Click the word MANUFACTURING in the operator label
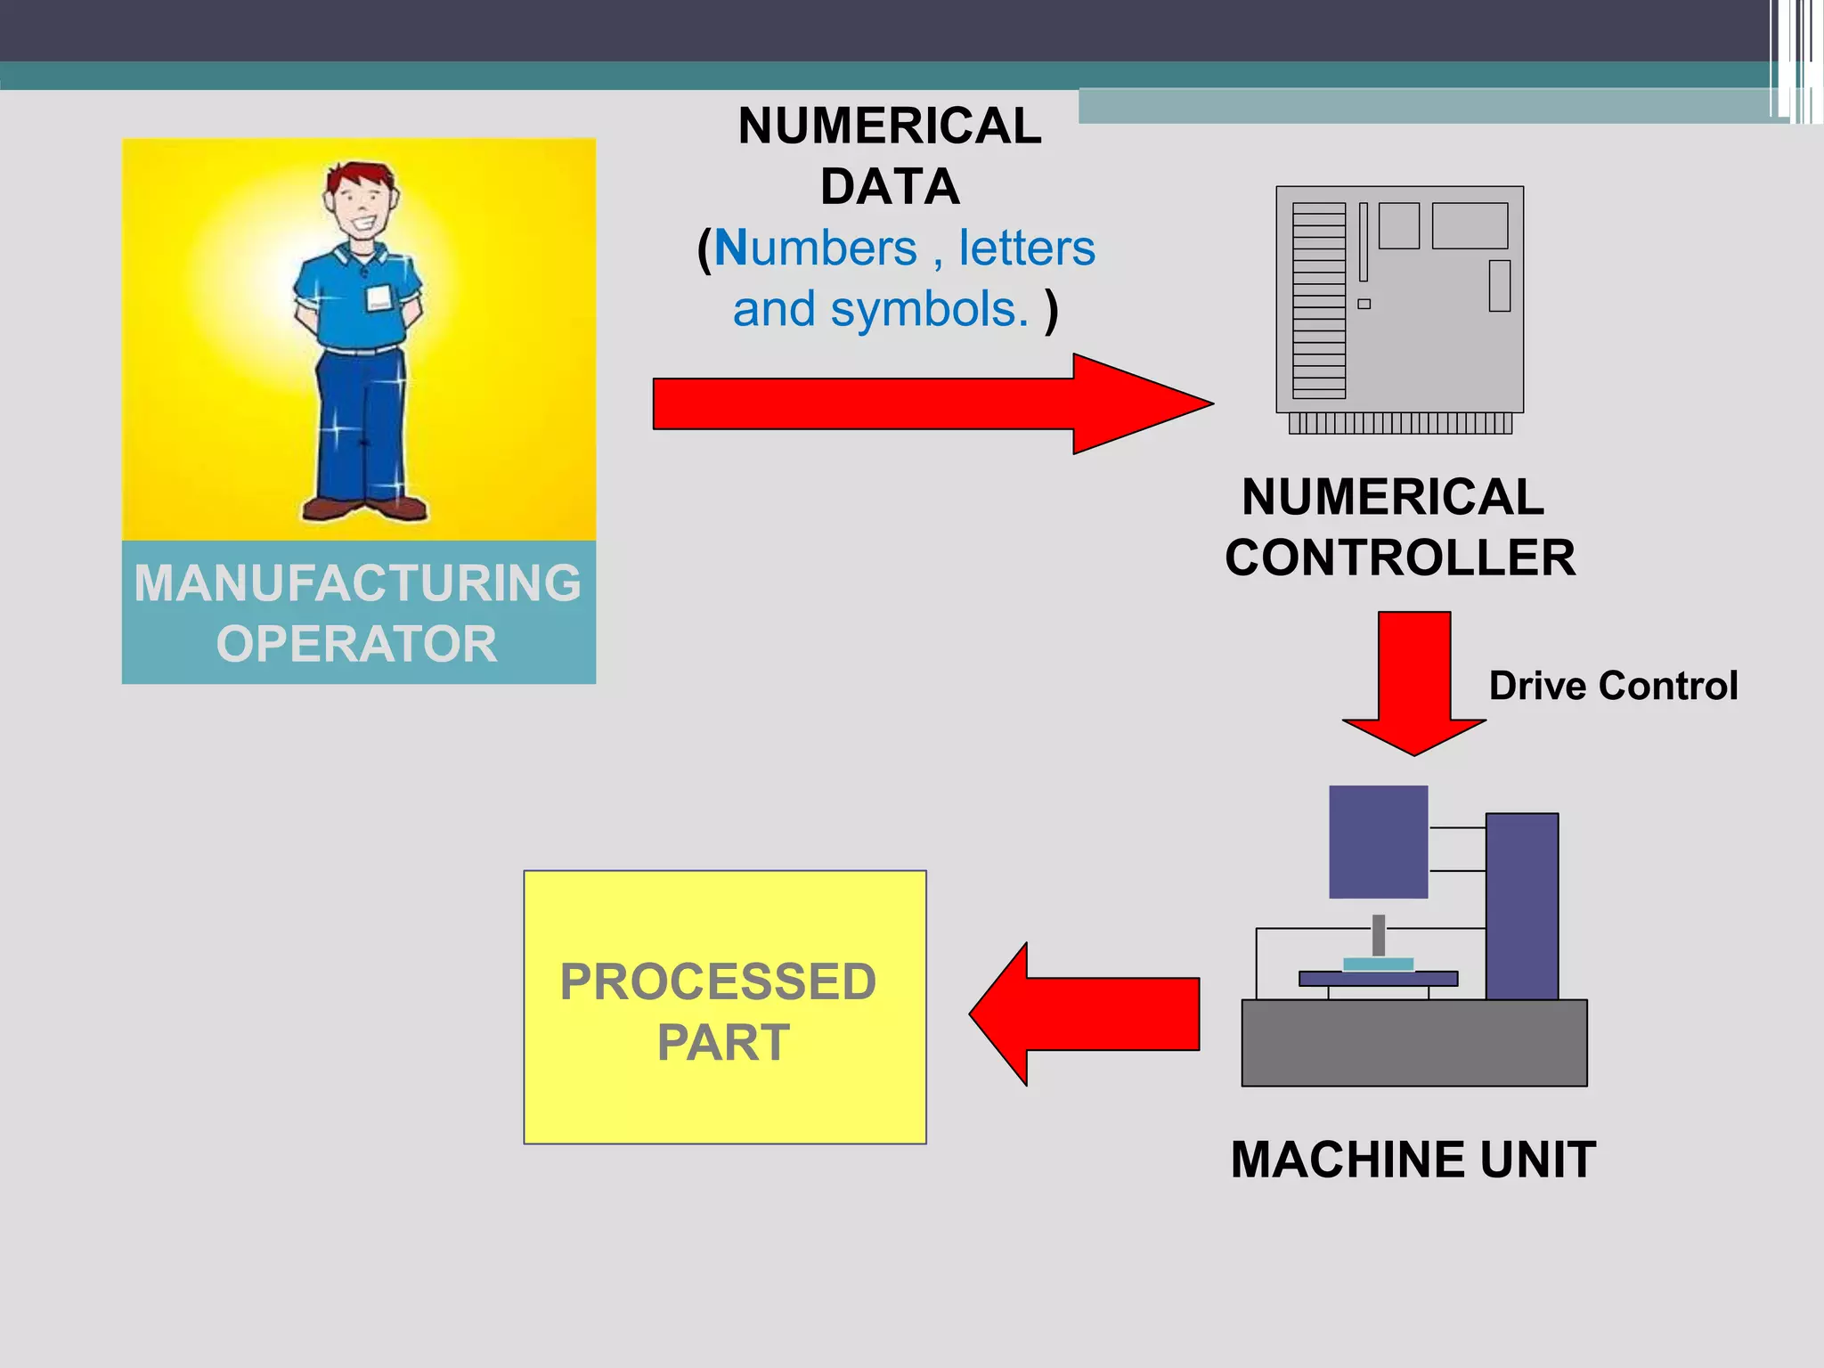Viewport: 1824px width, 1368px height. coord(357,583)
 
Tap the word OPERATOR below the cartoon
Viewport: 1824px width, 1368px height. coord(357,644)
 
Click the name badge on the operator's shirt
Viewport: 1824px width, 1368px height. coord(379,297)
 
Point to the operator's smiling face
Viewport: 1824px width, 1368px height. coord(360,207)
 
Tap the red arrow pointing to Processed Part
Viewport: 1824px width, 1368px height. coord(1087,1014)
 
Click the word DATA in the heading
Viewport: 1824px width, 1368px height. coord(890,187)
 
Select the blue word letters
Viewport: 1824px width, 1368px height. coord(1026,248)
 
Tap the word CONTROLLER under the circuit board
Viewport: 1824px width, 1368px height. coord(1399,558)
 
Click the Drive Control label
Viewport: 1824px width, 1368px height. coord(1613,686)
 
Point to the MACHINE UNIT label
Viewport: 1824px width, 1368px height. coord(1413,1160)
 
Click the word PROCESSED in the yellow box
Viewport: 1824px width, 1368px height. coord(718,982)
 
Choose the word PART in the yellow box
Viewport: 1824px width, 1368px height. coord(723,1043)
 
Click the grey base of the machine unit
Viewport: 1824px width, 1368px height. coord(1413,1043)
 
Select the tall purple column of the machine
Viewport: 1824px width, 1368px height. coord(1521,906)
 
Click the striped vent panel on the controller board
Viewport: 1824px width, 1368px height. coord(1318,301)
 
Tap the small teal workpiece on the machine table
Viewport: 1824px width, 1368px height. coord(1378,965)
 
